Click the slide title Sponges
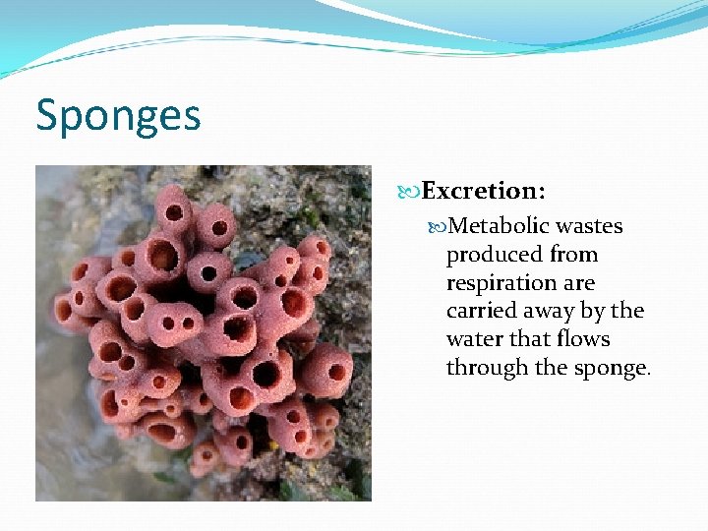(x=118, y=116)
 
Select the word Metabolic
(x=499, y=226)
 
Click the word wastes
(x=589, y=226)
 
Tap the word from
(x=574, y=255)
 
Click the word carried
(x=480, y=311)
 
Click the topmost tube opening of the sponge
(x=174, y=211)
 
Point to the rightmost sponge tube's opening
(x=336, y=372)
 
